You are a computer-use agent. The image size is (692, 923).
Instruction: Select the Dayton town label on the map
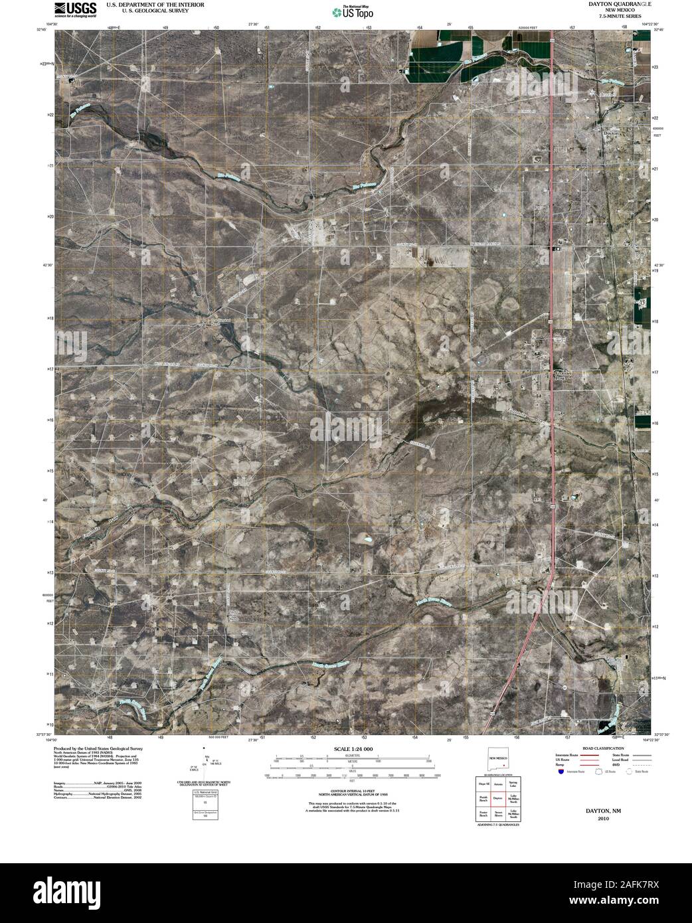click(611, 133)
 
